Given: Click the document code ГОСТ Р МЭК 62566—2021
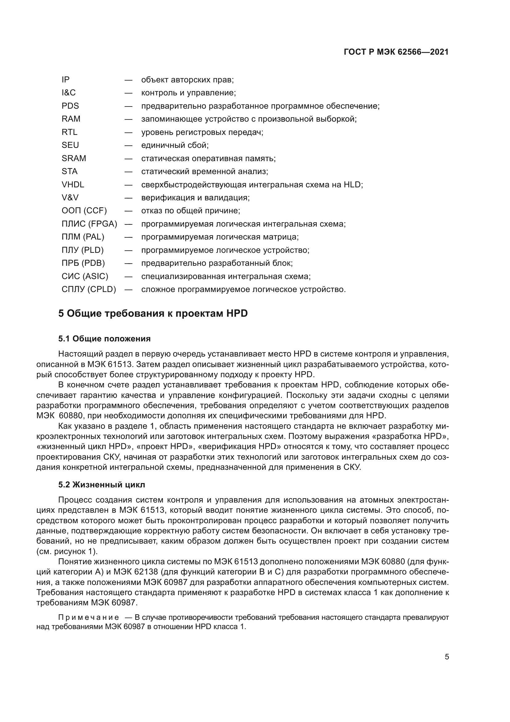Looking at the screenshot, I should pos(396,52).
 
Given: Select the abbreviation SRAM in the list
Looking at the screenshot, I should pos(74,158).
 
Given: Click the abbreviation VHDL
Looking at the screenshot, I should pos(73,185).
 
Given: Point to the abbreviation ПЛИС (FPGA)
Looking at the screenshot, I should pos(89,224).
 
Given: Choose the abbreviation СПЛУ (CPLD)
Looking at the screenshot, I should pos(89,289).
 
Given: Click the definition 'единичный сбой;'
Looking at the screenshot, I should pos(175,145).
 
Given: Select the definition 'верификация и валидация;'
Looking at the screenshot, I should pos(195,198).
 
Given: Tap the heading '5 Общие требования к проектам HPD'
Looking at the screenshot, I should pos(153,314).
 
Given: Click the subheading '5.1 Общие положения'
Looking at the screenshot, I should pos(104,339).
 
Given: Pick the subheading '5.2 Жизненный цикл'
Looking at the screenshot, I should pos(102,485).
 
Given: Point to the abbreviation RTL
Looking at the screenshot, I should pos(69,132).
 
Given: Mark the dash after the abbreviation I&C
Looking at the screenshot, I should pos(128,93).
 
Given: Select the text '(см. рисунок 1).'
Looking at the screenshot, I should pos(67,552).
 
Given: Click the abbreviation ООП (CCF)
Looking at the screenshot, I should pos(84,211).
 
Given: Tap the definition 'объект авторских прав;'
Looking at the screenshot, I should pos(187,80).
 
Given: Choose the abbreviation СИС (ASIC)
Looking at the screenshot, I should pos(85,276).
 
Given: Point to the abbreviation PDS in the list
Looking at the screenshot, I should pos(70,106).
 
